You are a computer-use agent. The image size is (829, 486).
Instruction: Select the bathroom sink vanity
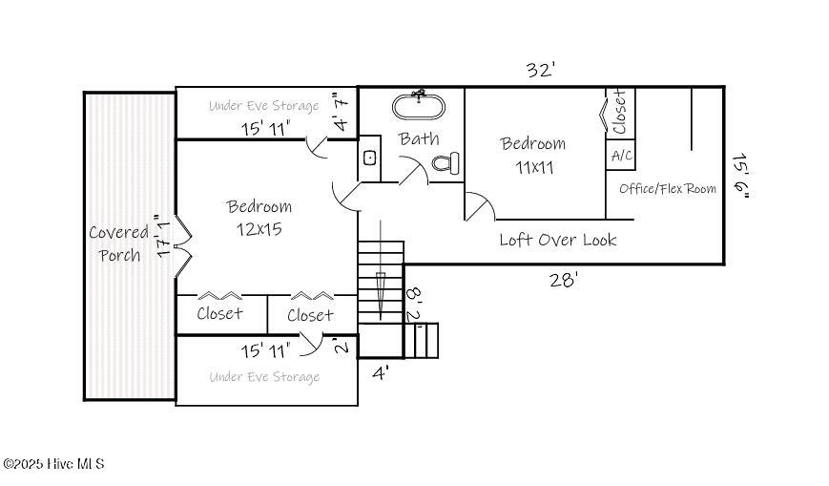pyautogui.click(x=371, y=157)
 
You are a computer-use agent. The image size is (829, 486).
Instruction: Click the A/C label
pyautogui.click(x=621, y=156)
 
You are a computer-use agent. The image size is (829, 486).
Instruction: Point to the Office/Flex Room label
pyautogui.click(x=668, y=189)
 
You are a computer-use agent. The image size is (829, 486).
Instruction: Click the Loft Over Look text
pyautogui.click(x=558, y=240)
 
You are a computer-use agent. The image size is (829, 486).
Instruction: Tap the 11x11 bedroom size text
pyautogui.click(x=533, y=167)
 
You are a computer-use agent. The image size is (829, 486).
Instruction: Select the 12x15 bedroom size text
pyautogui.click(x=259, y=229)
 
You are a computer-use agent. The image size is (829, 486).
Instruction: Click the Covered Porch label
pyautogui.click(x=119, y=243)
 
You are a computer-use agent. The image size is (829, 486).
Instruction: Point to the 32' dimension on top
pyautogui.click(x=541, y=70)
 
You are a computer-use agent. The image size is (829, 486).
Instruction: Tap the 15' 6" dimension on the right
pyautogui.click(x=741, y=176)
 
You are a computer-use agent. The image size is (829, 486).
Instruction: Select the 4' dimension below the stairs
pyautogui.click(x=381, y=373)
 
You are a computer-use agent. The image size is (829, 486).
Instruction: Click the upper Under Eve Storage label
pyautogui.click(x=264, y=106)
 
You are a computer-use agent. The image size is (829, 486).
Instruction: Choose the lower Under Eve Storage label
pyautogui.click(x=264, y=377)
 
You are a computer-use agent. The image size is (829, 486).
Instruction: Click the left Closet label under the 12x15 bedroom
pyautogui.click(x=219, y=313)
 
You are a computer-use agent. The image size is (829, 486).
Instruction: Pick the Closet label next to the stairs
pyautogui.click(x=310, y=314)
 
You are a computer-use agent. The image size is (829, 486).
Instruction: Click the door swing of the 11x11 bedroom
pyautogui.click(x=479, y=205)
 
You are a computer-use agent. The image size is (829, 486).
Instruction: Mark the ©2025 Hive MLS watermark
pyautogui.click(x=54, y=464)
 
